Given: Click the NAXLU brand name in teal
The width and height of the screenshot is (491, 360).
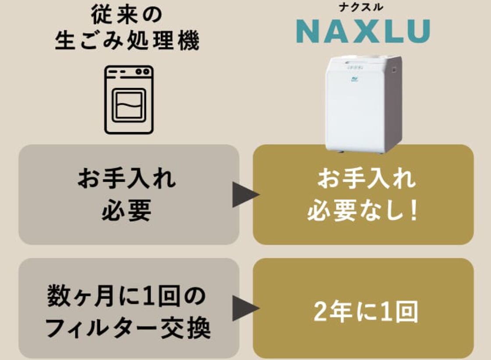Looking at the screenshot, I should tap(363, 31).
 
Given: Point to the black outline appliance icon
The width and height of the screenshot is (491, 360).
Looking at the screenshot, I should tap(129, 99).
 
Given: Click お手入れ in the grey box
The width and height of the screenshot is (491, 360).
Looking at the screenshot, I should tap(127, 179).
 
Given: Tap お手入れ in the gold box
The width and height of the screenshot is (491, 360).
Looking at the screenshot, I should tap(363, 179).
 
